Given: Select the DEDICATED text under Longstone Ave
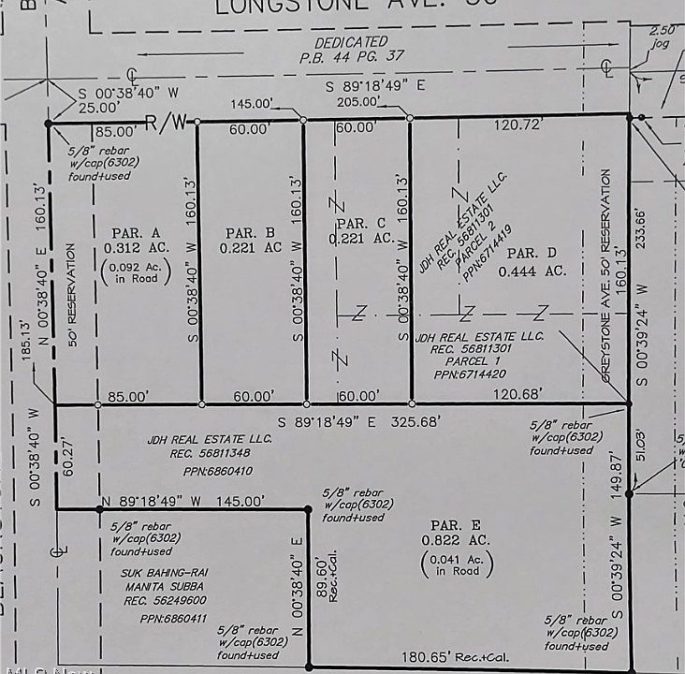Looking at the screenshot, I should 350,42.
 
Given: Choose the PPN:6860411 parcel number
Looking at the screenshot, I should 162,619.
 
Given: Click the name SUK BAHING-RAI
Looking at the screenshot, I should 162,573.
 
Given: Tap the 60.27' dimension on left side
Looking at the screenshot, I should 67,459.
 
